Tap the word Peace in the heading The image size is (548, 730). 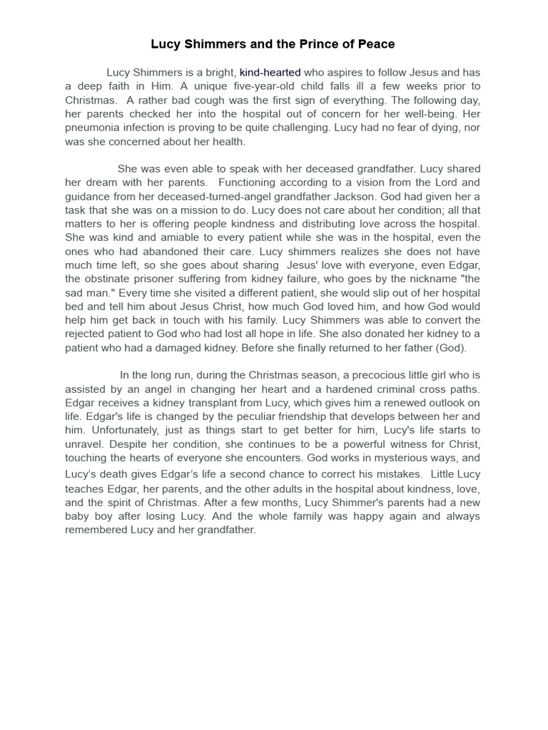click(x=375, y=44)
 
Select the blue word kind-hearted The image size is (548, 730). click(x=270, y=72)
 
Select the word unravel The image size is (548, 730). click(x=83, y=443)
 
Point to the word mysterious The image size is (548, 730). click(x=387, y=458)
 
